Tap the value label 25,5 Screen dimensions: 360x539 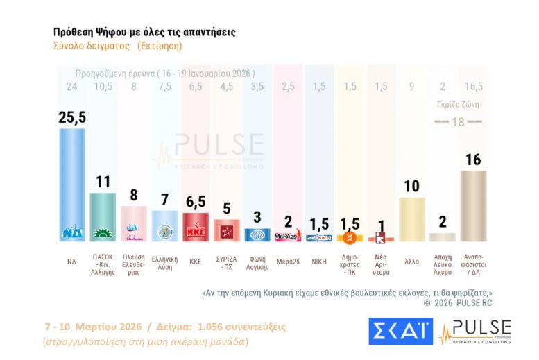pos(72,117)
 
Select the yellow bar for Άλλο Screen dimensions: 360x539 pos(411,218)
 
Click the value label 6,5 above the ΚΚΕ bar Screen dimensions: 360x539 pos(195,200)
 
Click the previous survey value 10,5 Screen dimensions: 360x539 pos(103,87)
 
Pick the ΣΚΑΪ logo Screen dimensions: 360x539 pos(400,332)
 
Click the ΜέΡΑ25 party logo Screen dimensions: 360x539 pos(286,237)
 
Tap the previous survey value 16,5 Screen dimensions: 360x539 pos(473,87)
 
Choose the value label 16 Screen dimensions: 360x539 pos(473,159)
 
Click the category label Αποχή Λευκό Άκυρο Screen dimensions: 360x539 pos(443,266)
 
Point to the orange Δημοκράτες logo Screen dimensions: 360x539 pos(350,238)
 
